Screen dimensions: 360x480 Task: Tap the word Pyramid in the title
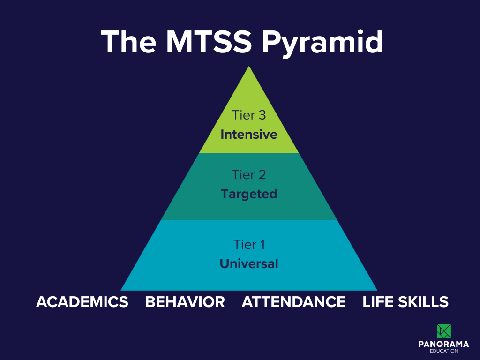pyautogui.click(x=322, y=43)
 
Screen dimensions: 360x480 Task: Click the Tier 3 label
pyautogui.click(x=248, y=115)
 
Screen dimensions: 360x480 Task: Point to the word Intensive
pyautogui.click(x=249, y=135)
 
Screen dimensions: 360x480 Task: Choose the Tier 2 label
pyautogui.click(x=248, y=175)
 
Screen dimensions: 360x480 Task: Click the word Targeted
pyautogui.click(x=249, y=194)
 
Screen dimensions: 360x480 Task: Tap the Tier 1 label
pyautogui.click(x=249, y=245)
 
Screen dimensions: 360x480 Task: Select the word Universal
pyautogui.click(x=249, y=264)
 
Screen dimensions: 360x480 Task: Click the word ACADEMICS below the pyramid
pyautogui.click(x=82, y=302)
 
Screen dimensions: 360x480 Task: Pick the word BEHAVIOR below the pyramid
pyautogui.click(x=185, y=302)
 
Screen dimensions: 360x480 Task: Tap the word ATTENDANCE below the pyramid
pyautogui.click(x=293, y=302)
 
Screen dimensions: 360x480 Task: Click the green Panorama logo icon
pyautogui.click(x=443, y=331)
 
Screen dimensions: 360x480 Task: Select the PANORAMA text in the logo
pyautogui.click(x=443, y=345)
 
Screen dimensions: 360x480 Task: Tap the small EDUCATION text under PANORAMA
pyautogui.click(x=443, y=351)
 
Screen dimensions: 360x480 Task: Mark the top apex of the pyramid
pyautogui.click(x=249, y=67)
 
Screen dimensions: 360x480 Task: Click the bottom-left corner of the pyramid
pyautogui.click(x=121, y=290)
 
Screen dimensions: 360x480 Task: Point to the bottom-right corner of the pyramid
pyautogui.click(x=376, y=290)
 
